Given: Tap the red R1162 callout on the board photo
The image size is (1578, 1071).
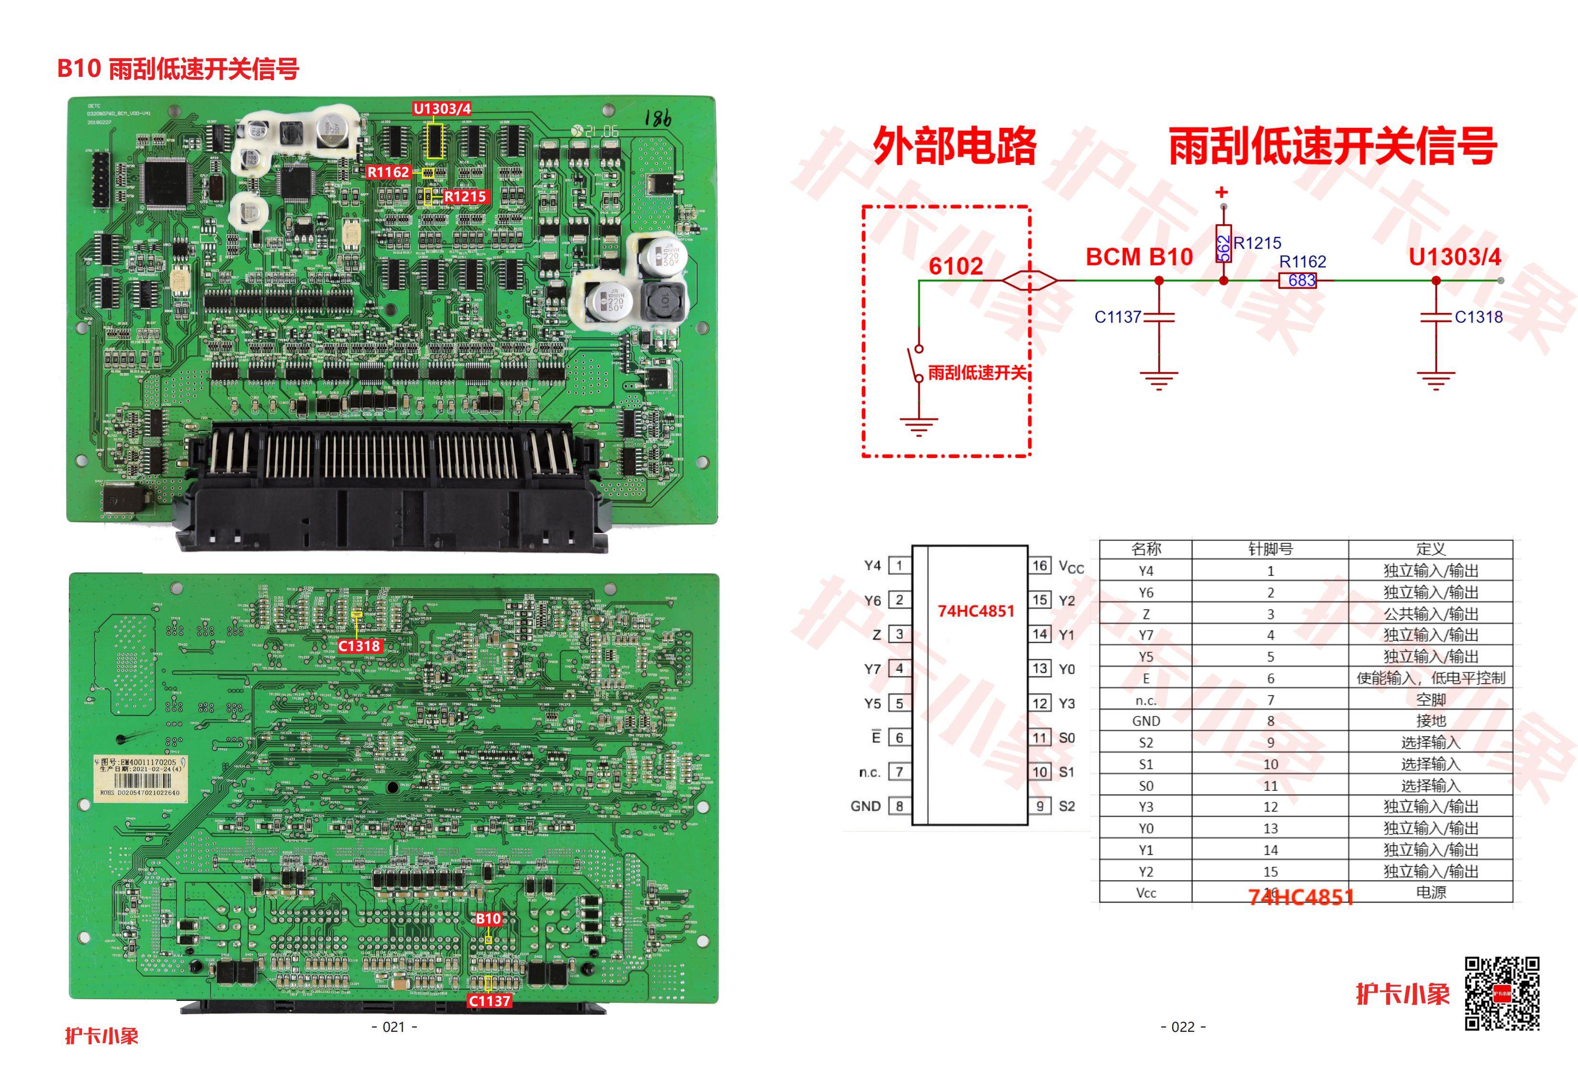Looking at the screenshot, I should pos(388,172).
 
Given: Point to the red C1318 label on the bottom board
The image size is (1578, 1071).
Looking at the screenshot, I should pos(360,646).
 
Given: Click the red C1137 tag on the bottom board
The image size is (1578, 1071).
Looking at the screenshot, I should pos(489,1000).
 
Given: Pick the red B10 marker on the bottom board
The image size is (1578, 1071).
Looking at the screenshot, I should pos(488,919).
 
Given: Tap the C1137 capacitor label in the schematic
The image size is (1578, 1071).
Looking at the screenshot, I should pos(1117,317).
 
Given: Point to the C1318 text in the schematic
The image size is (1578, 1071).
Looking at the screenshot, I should pos(1478,317).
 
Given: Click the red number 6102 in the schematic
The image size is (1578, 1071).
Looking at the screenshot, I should pos(955,266).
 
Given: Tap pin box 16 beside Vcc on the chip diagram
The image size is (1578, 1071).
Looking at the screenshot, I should pos(1040,566).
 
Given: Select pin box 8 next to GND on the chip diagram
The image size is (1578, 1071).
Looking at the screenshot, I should pos(899,806).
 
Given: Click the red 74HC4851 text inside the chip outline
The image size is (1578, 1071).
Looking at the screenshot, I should pos(976,611).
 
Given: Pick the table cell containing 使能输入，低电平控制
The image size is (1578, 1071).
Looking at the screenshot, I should pos(1431,678).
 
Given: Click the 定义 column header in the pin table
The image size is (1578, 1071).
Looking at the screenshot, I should pos(1431,549).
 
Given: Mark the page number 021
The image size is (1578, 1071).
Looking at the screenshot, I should pos(395,1027).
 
